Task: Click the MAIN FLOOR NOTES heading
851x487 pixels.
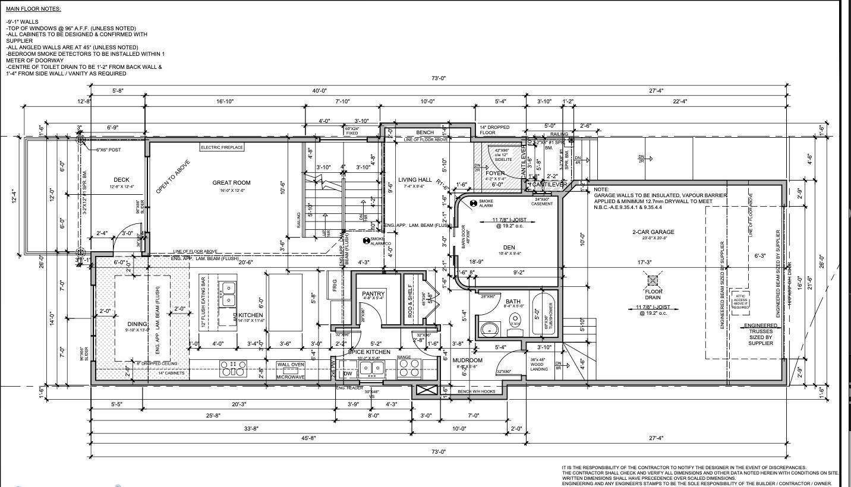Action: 33,9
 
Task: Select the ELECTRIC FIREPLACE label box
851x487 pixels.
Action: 222,147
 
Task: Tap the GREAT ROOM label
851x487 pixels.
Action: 231,183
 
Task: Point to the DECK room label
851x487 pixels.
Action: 121,180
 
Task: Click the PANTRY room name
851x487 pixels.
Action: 373,294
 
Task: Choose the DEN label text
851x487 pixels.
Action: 509,247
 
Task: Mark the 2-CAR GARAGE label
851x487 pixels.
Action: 653,232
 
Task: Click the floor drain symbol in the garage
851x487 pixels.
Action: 653,280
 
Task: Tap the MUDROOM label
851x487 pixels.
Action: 467,360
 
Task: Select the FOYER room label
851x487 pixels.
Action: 495,173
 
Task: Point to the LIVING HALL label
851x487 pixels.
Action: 415,180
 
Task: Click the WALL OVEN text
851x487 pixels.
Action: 291,365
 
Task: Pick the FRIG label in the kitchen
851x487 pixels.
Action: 335,286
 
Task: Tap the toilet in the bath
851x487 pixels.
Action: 515,321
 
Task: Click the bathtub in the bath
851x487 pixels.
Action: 544,311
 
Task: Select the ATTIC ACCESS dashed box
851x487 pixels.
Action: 740,302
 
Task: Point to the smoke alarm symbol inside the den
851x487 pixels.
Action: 474,204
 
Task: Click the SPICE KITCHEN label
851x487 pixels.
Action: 369,352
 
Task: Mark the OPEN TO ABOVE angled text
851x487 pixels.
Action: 173,176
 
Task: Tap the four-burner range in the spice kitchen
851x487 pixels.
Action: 409,369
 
